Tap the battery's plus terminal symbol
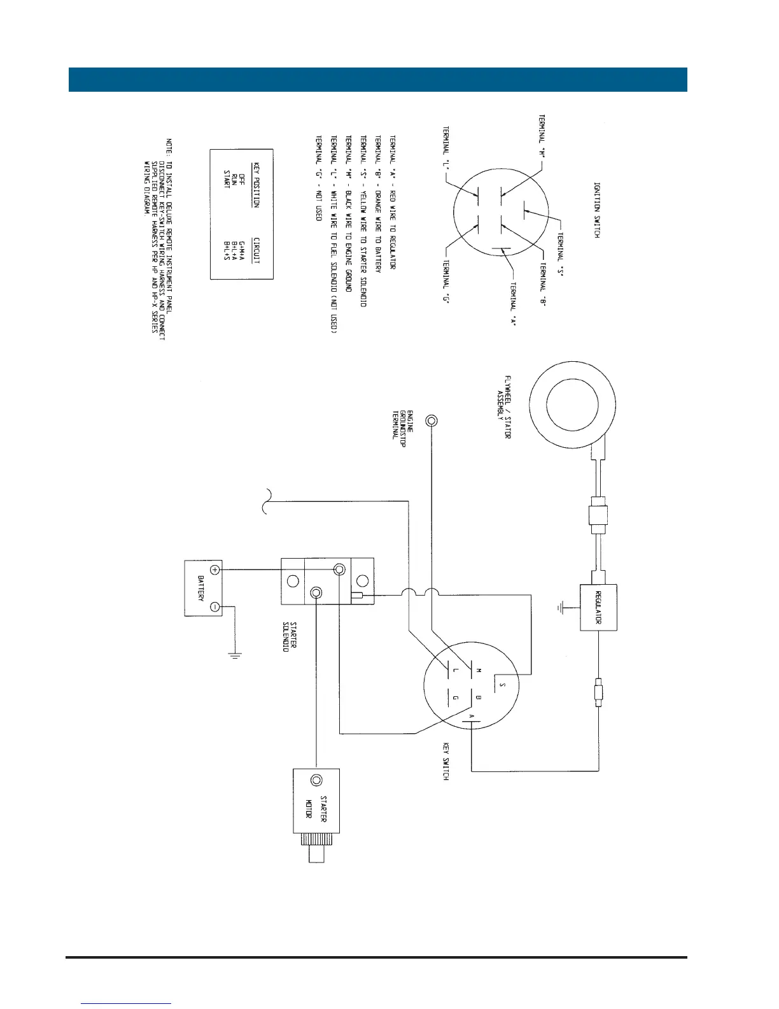click(215, 569)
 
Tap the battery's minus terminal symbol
click(215, 607)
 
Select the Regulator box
click(598, 606)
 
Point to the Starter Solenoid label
click(290, 636)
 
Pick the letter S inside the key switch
click(503, 686)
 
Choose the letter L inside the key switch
click(455, 671)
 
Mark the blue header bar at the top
click(378, 79)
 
